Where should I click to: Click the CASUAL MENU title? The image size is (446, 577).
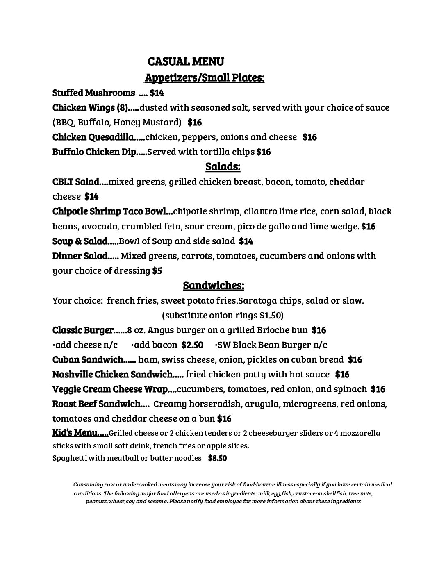tap(186, 61)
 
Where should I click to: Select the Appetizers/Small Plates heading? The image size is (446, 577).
tap(205, 77)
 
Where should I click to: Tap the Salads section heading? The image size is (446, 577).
tap(223, 166)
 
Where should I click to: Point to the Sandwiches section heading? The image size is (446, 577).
tap(214, 285)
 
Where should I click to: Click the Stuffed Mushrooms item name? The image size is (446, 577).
tap(93, 93)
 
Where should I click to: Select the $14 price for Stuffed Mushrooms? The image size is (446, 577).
tap(157, 93)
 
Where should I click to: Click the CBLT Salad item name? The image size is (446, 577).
tap(76, 182)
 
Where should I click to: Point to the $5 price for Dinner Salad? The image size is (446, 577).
tap(157, 270)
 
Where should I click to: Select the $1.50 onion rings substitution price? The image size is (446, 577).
tap(270, 315)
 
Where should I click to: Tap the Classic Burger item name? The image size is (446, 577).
tap(83, 330)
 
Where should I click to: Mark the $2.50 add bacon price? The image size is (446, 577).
tap(192, 345)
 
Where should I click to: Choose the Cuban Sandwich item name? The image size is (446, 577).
tap(88, 359)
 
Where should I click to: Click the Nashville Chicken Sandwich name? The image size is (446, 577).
tap(112, 374)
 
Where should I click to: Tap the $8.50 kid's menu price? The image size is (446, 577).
tap(217, 458)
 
